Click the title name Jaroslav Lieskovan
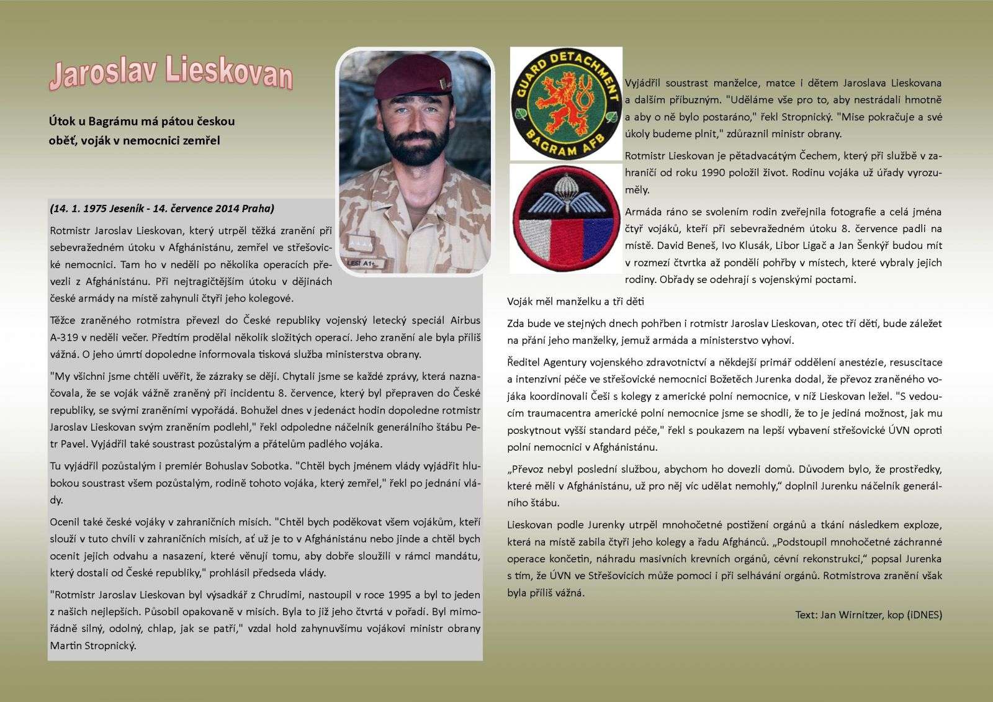(x=170, y=75)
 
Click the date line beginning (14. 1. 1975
(x=162, y=209)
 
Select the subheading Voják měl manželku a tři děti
(x=576, y=302)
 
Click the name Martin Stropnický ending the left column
(x=92, y=646)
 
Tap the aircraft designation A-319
(x=64, y=338)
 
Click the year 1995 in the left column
(x=398, y=595)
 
